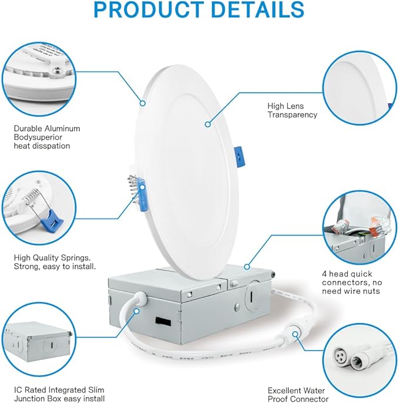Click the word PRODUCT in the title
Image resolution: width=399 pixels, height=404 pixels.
click(149, 9)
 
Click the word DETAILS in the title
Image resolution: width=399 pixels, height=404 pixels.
click(257, 9)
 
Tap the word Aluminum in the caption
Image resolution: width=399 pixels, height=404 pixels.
click(62, 129)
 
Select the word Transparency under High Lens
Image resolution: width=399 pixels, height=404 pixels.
click(292, 115)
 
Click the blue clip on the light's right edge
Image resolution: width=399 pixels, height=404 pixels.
click(239, 156)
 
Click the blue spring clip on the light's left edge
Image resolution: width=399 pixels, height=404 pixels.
click(142, 194)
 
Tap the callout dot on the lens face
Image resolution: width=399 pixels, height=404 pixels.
click(208, 124)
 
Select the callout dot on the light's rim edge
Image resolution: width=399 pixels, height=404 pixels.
click(143, 103)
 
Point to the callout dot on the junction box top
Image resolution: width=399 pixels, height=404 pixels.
click(247, 267)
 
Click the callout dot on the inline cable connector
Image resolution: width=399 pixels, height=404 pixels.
click(296, 334)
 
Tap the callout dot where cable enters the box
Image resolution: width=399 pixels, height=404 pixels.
click(137, 311)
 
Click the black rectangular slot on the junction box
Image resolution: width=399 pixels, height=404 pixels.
click(163, 322)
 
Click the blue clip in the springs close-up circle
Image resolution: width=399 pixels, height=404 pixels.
click(53, 220)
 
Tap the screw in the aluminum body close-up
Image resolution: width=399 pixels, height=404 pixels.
click(58, 69)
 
